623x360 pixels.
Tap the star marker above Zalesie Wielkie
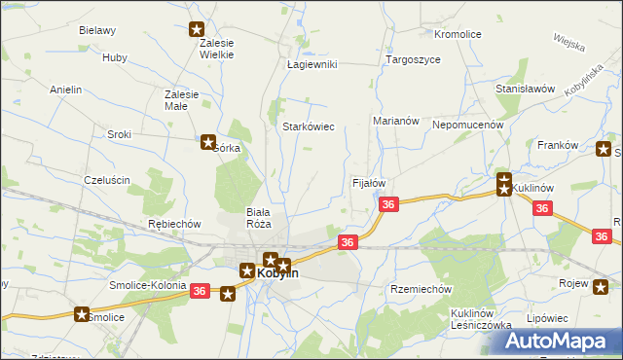click(198, 29)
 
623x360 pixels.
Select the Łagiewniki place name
click(311, 64)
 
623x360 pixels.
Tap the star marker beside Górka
click(208, 142)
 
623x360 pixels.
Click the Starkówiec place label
click(309, 126)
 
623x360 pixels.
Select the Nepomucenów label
click(467, 125)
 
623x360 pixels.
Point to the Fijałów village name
click(369, 182)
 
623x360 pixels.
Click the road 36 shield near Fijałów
click(388, 204)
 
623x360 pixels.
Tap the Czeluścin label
click(107, 180)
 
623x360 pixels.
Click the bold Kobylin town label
click(277, 274)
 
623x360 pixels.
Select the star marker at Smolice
click(83, 313)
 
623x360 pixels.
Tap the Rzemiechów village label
click(421, 289)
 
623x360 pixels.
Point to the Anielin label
click(65, 90)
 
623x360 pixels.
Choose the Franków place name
click(558, 145)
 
